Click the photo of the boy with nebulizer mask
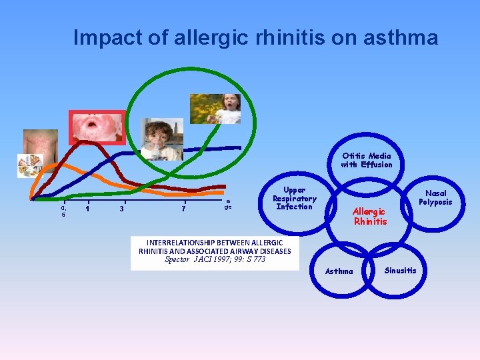click(162, 139)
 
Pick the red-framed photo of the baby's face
click(97, 127)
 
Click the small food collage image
click(30, 165)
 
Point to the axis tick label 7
click(183, 209)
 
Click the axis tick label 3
click(121, 209)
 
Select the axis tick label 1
click(87, 209)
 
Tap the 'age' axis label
click(228, 204)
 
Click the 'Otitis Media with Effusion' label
click(367, 160)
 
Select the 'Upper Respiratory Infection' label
click(294, 198)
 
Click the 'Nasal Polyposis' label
click(435, 197)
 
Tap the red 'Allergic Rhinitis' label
click(369, 216)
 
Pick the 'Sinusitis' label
click(400, 270)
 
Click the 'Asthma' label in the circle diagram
click(339, 271)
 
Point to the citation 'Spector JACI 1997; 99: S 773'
click(215, 259)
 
